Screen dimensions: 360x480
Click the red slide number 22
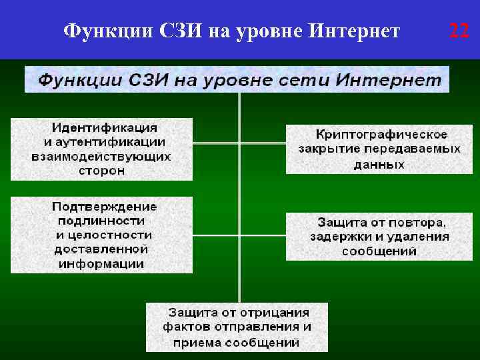[459, 31]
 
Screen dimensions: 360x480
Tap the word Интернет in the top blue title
[355, 31]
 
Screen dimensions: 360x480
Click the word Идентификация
[105, 127]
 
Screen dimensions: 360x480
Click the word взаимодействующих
[101, 157]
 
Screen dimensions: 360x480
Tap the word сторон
[101, 171]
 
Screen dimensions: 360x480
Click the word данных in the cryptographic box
[379, 164]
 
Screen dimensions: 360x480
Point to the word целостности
[113, 235]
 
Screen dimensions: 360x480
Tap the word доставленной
[101, 249]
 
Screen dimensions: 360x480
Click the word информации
[101, 264]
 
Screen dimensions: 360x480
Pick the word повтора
[421, 222]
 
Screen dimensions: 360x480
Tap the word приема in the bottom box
[195, 342]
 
